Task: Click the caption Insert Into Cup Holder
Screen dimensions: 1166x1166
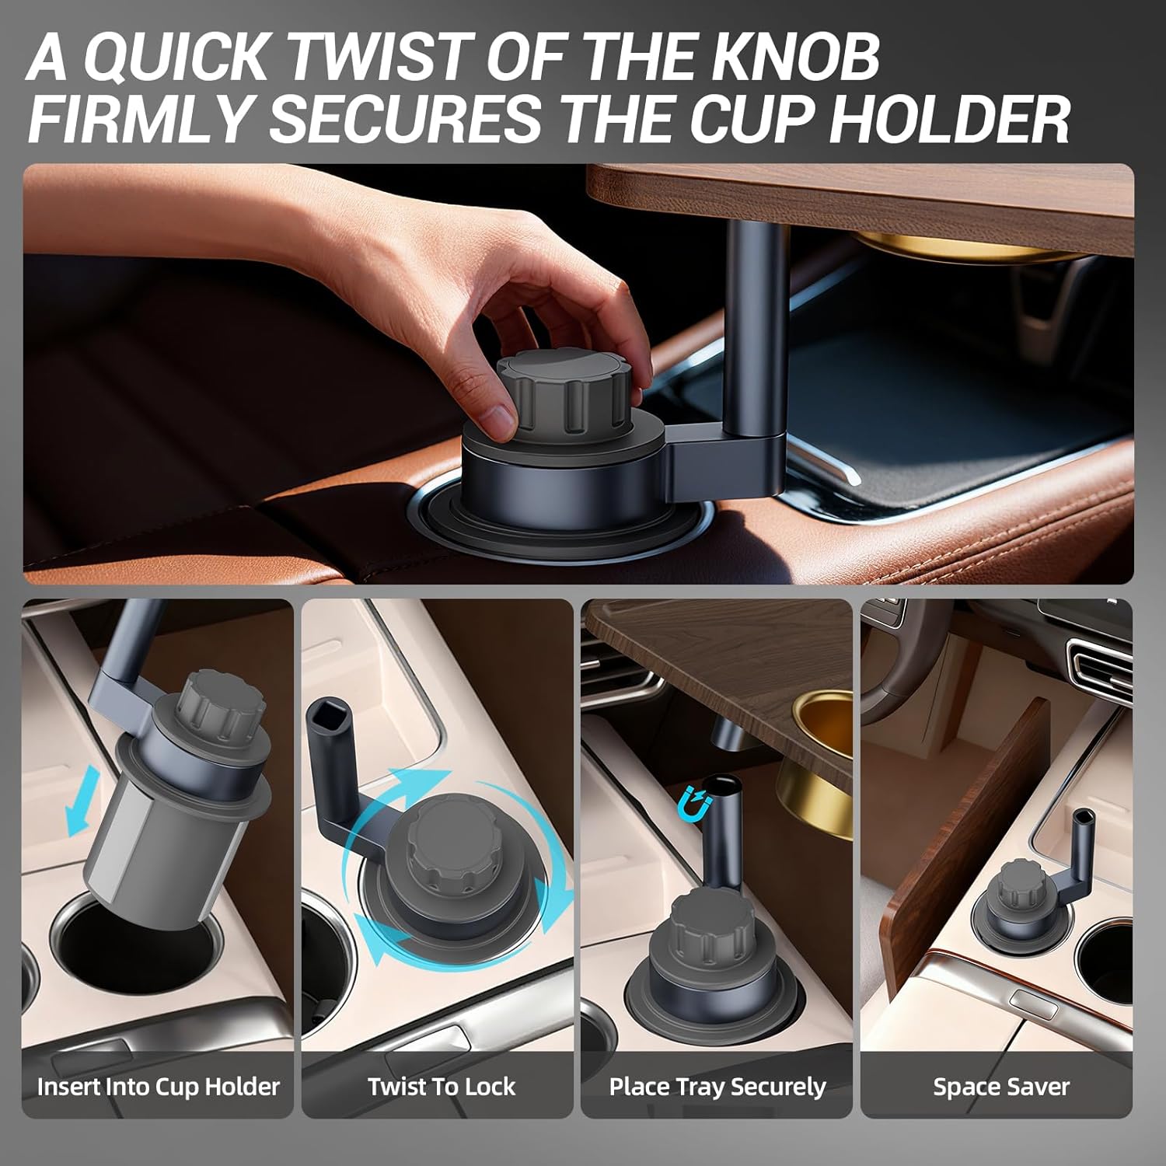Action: click(159, 1086)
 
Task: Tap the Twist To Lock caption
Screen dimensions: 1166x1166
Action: click(442, 1086)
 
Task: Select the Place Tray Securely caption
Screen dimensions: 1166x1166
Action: click(717, 1087)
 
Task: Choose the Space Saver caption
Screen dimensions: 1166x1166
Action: click(1001, 1087)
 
